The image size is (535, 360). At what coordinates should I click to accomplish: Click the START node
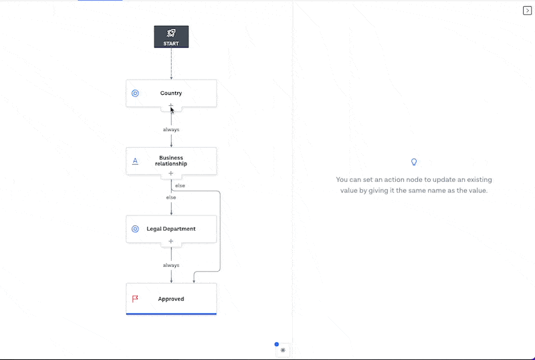pos(171,37)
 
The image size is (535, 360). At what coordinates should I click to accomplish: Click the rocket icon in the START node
pos(171,33)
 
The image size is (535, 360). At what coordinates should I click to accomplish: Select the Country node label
pos(171,94)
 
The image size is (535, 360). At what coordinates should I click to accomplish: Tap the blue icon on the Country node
pos(135,94)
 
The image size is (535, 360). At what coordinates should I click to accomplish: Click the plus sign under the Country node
pos(171,106)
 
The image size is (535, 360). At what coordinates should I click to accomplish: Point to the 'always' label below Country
pos(171,129)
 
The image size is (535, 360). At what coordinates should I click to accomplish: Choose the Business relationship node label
pos(171,161)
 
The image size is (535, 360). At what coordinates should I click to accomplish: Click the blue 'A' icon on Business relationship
pos(135,161)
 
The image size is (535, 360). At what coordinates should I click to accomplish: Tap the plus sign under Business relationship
pos(171,173)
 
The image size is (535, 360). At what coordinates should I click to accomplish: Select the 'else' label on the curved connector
pos(181,185)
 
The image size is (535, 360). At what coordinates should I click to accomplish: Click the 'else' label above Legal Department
pos(171,197)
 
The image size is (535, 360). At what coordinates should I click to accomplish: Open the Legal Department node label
pos(171,229)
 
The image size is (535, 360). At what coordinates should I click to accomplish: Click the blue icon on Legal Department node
pos(135,229)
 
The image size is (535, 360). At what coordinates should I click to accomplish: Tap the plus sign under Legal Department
pos(171,241)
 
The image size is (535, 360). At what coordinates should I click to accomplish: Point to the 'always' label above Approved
pos(171,265)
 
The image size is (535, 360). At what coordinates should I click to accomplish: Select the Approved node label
pos(171,299)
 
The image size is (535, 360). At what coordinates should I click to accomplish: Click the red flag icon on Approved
pos(135,298)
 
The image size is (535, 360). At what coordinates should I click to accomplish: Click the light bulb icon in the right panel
pos(414,162)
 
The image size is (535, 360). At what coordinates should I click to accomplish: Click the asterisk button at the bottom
pos(283,350)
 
